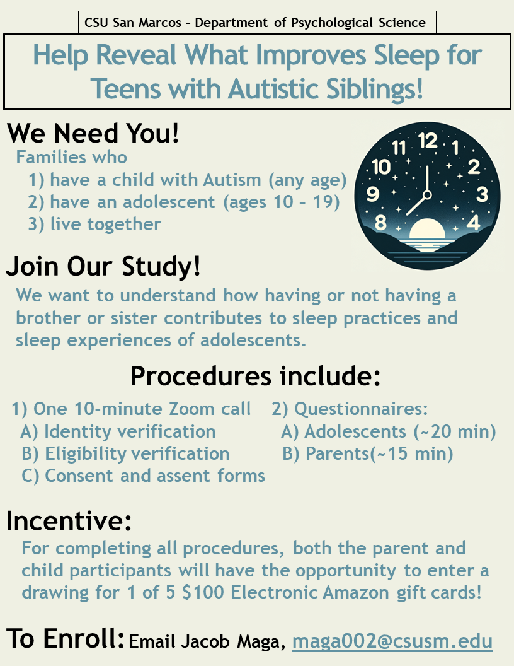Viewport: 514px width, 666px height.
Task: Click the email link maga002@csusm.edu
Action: (x=392, y=641)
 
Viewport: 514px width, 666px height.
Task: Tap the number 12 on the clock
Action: (x=427, y=141)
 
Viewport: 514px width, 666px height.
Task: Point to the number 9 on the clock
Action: (x=373, y=194)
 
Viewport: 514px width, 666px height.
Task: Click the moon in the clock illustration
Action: (x=427, y=230)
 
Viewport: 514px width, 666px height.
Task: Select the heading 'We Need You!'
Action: (x=93, y=133)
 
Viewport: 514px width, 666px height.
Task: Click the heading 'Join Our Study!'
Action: (x=103, y=266)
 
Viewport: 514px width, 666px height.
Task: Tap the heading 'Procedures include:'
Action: (x=255, y=376)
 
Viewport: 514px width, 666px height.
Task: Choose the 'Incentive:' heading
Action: (x=69, y=521)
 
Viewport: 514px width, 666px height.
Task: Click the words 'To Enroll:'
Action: (x=66, y=638)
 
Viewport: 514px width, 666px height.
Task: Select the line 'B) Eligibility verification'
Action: (x=125, y=453)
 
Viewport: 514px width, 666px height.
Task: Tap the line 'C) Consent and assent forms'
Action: (x=144, y=476)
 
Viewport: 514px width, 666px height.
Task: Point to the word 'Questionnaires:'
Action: (x=361, y=409)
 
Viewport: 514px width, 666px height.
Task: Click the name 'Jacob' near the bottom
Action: (x=205, y=641)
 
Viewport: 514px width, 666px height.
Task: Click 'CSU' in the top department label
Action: (x=97, y=23)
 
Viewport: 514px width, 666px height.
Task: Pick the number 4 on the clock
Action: (x=473, y=222)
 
